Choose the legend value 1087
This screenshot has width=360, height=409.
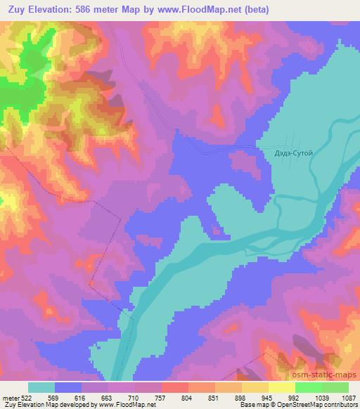click(x=348, y=397)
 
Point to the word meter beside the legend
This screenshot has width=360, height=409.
click(x=11, y=397)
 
